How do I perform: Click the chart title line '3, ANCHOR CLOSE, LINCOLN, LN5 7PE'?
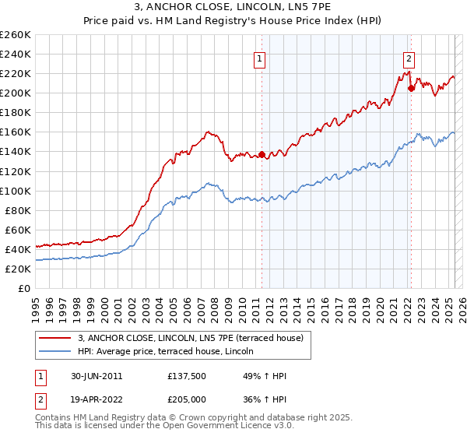click(x=233, y=9)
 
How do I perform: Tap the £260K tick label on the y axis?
click(x=16, y=35)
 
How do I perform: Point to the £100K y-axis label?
click(x=16, y=191)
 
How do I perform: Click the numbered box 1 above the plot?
click(x=259, y=57)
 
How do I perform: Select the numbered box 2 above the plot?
click(x=409, y=57)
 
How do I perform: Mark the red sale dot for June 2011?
click(x=262, y=154)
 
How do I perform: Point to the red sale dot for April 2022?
click(x=411, y=88)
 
